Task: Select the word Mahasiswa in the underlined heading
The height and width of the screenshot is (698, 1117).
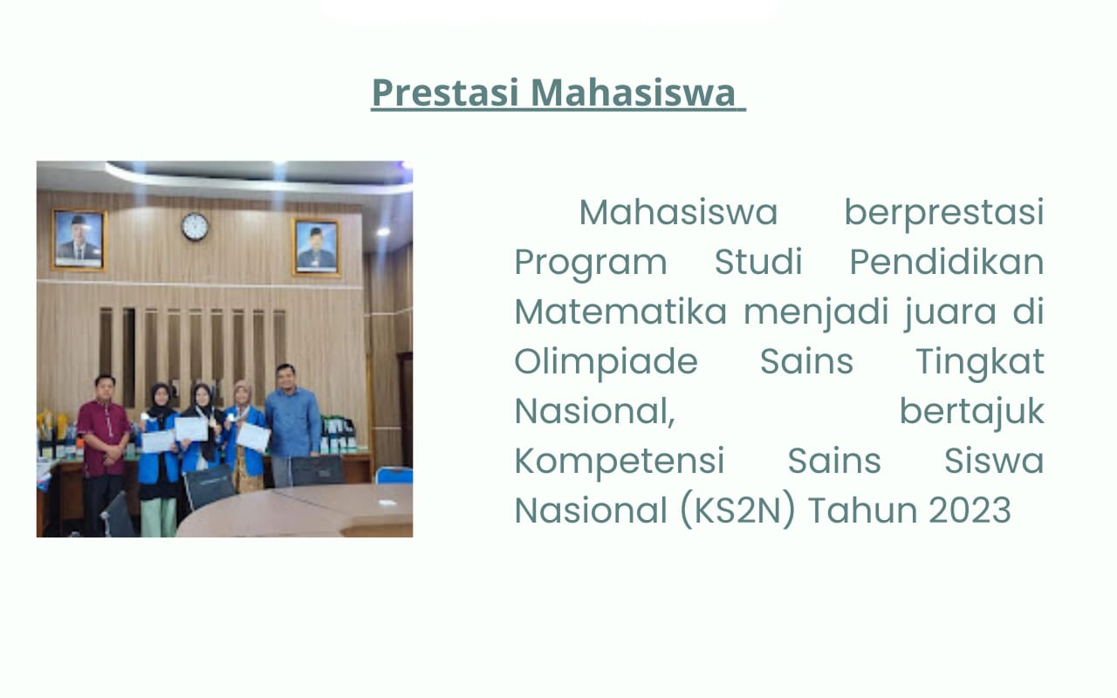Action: coord(634,92)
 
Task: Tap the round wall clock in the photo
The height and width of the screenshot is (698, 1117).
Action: coord(195,227)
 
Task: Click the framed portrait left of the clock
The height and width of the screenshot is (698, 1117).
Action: coord(79,239)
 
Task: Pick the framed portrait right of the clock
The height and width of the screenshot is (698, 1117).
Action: coord(316,247)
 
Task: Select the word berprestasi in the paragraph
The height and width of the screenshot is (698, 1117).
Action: coord(943,212)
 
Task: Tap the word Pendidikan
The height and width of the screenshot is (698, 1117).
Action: coord(947,262)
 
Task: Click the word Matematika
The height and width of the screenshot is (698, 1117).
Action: coord(620,311)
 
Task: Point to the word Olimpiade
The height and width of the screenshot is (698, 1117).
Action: coord(606,361)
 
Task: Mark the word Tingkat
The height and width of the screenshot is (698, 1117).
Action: coord(979,361)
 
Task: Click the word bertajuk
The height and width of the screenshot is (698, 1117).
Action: coord(971,411)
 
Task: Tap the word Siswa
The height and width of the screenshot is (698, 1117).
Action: coord(994,461)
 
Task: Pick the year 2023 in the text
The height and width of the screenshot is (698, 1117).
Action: coord(970,510)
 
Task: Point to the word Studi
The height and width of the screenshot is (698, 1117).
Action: coord(758,262)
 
